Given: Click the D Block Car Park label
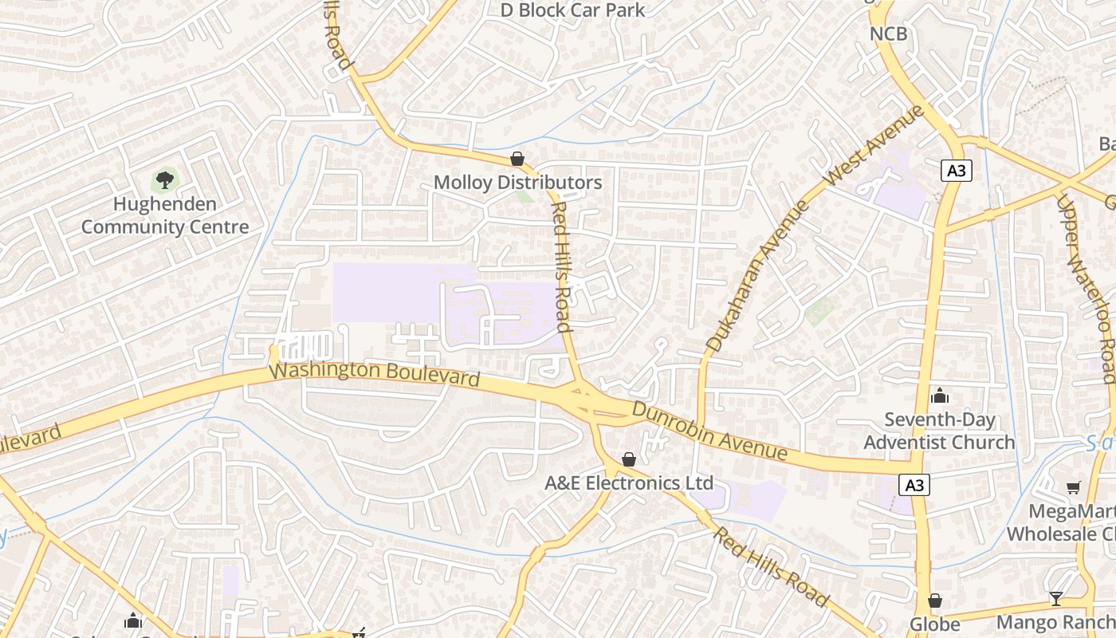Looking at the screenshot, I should (572, 10).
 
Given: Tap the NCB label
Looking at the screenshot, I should (888, 34).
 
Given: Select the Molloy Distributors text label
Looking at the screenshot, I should (517, 183).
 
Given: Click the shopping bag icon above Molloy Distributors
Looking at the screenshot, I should (517, 159).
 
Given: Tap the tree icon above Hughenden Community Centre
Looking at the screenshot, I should (165, 180).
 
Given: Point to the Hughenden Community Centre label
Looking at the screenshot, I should (165, 215).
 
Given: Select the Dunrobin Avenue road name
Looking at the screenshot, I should (709, 431).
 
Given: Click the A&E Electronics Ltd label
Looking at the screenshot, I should (629, 483).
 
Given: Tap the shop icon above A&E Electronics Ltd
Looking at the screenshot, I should (629, 459).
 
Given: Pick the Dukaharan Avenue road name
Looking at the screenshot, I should (757, 275).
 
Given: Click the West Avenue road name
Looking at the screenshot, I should (873, 145).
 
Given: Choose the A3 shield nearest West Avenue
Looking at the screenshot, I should (957, 170).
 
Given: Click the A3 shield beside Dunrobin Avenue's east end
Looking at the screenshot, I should (915, 484).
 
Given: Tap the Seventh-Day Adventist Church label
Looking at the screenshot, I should (939, 431).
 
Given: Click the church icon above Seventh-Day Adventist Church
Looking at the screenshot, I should (940, 396).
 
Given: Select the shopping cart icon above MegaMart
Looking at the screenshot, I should (1073, 487).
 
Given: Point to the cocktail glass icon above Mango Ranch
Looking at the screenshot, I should (1056, 598).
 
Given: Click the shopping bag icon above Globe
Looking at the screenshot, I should (935, 601).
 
